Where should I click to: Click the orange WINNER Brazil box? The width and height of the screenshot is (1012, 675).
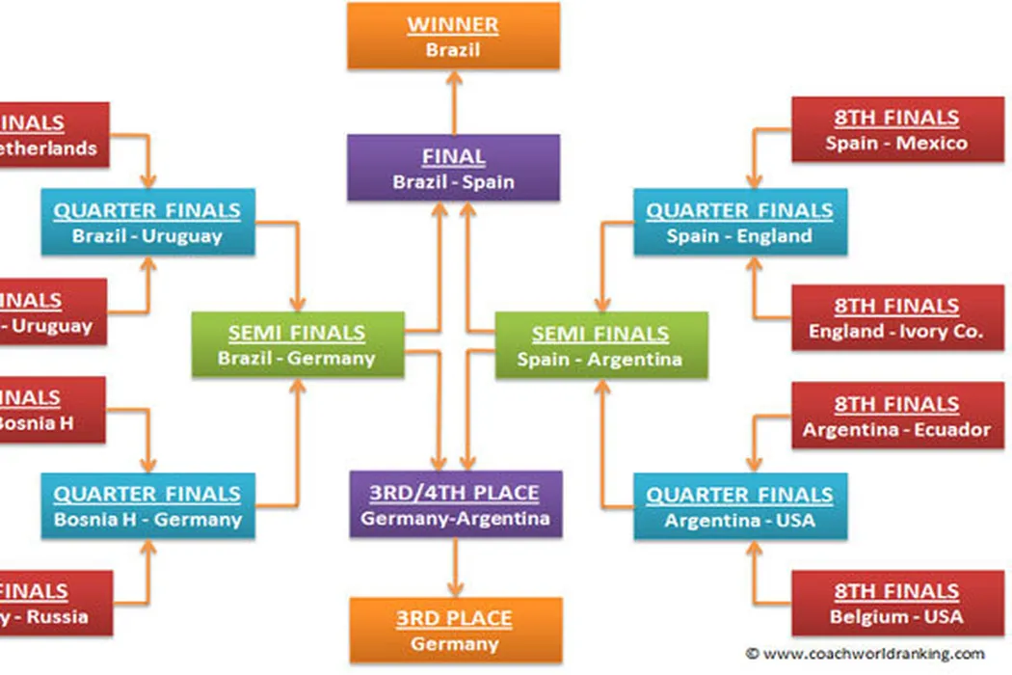[x=453, y=36]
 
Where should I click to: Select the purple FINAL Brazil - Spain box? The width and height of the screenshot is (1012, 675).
[x=453, y=168]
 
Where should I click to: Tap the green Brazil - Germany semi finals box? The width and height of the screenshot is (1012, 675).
[x=297, y=345]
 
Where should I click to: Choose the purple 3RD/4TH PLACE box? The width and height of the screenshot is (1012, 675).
[x=455, y=504]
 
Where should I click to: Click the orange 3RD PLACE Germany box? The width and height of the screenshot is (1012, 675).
[x=455, y=630]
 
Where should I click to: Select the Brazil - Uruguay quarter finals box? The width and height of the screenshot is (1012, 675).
[x=147, y=222]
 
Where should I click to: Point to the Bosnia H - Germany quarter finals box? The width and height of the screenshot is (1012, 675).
[x=147, y=505]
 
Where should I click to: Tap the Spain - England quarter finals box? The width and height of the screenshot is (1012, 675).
[x=739, y=222]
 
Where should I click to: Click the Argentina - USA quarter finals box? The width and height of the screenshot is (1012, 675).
[x=739, y=506]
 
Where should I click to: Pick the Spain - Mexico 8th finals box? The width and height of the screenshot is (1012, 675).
[x=896, y=129]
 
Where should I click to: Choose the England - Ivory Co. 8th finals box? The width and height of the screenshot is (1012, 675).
[x=896, y=318]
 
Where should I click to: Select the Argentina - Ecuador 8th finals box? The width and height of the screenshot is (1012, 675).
[x=896, y=416]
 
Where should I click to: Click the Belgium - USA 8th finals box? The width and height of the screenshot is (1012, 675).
[x=896, y=603]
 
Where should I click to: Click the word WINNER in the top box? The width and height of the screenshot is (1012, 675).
[x=453, y=24]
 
